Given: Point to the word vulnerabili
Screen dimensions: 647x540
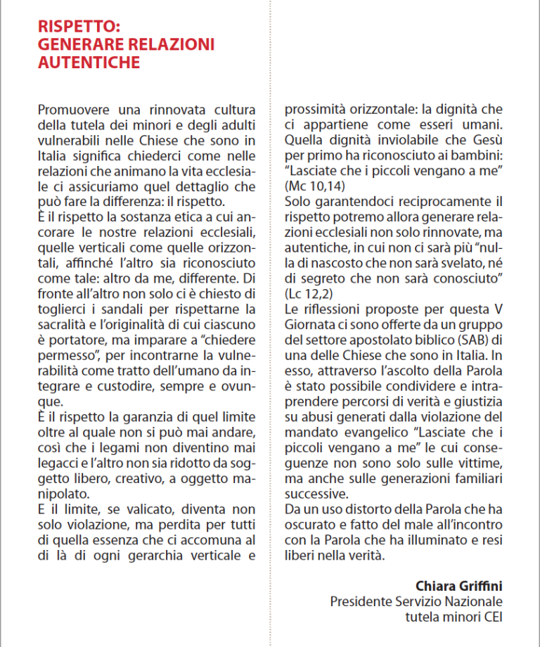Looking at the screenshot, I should pyautogui.click(x=72, y=140).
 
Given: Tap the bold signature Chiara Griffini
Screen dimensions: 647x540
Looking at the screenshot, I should pyautogui.click(x=458, y=586).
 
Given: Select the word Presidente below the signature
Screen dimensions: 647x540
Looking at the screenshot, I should pyautogui.click(x=364, y=601).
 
